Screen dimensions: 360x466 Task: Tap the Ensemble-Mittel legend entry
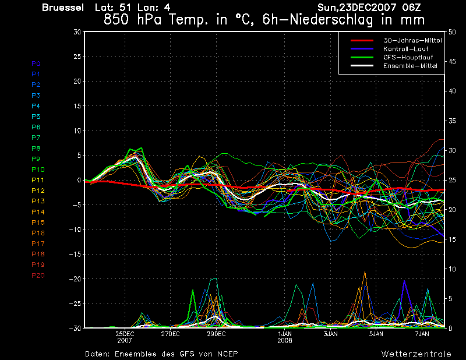(x=410, y=66)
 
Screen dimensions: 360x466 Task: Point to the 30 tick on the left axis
(x=77, y=32)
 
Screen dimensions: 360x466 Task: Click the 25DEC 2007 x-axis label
(x=125, y=337)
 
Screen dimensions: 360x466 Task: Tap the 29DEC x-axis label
(x=217, y=334)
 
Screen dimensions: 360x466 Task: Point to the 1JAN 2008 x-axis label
(x=285, y=337)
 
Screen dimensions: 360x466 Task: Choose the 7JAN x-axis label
(x=422, y=334)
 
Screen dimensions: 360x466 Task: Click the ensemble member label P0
(x=36, y=63)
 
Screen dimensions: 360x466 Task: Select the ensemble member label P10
(x=38, y=170)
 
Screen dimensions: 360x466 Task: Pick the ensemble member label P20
(x=38, y=276)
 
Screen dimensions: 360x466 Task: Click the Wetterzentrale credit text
(x=416, y=354)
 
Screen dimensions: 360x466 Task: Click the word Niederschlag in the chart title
(x=336, y=19)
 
